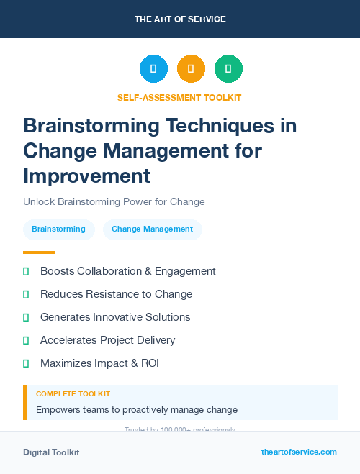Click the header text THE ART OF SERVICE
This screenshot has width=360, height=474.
click(180, 19)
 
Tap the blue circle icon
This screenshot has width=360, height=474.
click(153, 68)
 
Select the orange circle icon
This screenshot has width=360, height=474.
click(191, 68)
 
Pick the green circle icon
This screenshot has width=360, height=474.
click(228, 68)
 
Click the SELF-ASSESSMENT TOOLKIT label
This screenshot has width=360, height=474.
click(179, 97)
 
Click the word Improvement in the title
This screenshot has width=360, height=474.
click(86, 176)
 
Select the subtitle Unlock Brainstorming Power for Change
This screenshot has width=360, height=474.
click(114, 202)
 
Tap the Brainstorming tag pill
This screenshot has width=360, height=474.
click(58, 229)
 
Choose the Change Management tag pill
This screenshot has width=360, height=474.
click(152, 229)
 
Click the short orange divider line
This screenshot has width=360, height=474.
click(39, 252)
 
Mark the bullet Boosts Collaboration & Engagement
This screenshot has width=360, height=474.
click(127, 271)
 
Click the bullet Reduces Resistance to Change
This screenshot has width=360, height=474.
click(116, 294)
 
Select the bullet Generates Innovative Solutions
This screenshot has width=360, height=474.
click(115, 317)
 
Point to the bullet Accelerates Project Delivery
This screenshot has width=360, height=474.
click(107, 340)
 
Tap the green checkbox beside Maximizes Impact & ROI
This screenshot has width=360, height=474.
click(26, 363)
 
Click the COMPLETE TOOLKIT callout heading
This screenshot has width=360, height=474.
click(73, 394)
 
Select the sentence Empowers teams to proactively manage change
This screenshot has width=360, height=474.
click(137, 410)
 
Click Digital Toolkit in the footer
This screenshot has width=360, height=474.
click(51, 452)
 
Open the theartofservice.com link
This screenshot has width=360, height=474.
click(299, 452)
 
